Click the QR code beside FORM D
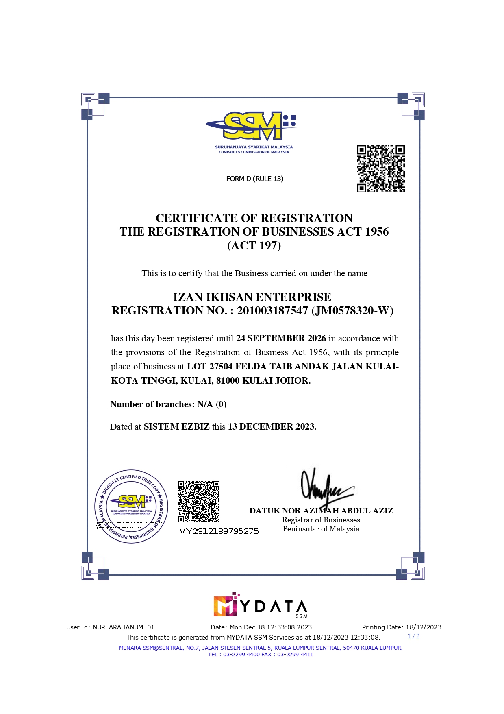click(381, 168)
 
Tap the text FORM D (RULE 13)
click(255, 179)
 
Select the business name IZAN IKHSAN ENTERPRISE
click(252, 297)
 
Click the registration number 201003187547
click(272, 311)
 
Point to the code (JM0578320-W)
click(352, 311)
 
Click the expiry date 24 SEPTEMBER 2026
click(281, 338)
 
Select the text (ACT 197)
click(254, 246)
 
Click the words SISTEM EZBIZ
click(176, 427)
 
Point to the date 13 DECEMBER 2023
click(272, 427)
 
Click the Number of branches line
click(168, 404)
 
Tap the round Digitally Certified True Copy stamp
click(131, 507)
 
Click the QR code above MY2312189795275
click(198, 502)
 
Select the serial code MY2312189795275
click(219, 531)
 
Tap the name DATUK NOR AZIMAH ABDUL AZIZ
click(321, 511)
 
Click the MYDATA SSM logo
click(260, 606)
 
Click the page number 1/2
click(413, 636)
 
